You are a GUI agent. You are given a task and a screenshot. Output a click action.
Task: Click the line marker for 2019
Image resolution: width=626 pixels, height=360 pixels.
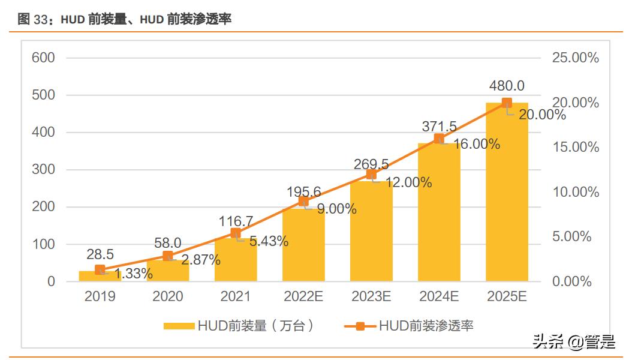tap(100, 270)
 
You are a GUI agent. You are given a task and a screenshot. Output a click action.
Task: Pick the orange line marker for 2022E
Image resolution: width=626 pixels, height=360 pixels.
tap(303, 201)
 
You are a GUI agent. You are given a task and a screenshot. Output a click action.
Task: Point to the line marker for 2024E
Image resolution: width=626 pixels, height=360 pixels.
tap(439, 139)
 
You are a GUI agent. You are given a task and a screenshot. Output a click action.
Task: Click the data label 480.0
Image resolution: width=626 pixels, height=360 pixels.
tap(507, 86)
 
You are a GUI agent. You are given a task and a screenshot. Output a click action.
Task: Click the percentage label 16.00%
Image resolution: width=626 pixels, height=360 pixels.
tap(474, 144)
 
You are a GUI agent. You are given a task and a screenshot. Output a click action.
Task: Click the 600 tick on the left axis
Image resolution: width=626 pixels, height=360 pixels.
tap(43, 58)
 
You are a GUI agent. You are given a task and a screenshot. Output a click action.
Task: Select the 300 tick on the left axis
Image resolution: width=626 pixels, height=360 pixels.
tap(43, 170)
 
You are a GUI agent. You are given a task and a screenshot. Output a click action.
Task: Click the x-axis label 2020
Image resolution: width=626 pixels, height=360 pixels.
tap(168, 296)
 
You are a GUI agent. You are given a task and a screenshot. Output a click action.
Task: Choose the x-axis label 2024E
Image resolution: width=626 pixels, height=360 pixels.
tap(439, 296)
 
